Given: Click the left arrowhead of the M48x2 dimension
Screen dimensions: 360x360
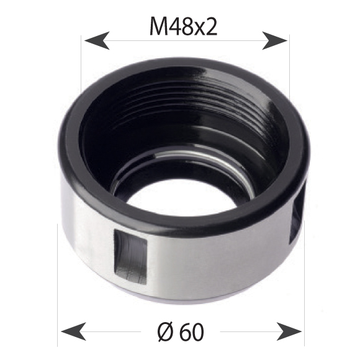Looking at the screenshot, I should (93, 42).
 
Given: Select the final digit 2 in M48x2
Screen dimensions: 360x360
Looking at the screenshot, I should (212, 27).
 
